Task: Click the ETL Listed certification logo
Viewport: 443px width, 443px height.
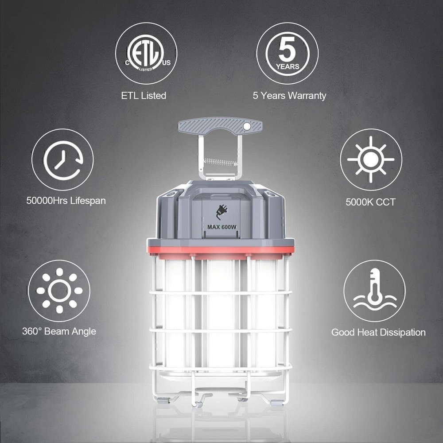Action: [146, 54]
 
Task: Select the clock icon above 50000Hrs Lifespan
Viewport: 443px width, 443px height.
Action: [63, 160]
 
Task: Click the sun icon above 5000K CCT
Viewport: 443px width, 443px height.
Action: [370, 159]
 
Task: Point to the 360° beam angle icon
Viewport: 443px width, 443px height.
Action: [59, 291]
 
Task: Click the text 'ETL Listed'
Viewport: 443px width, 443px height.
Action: [144, 96]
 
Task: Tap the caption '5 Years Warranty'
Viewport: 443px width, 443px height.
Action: [289, 96]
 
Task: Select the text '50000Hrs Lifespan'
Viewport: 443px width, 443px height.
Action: [66, 201]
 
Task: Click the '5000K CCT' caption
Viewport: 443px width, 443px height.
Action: [370, 202]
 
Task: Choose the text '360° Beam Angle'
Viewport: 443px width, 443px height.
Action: [59, 331]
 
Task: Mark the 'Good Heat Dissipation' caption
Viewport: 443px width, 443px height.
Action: [378, 332]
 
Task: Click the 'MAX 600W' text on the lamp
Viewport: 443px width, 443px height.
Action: [222, 227]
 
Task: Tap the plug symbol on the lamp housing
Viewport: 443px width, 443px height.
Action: [222, 212]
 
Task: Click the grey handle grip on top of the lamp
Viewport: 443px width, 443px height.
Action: [220, 125]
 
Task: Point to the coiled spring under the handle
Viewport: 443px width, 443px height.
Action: [221, 162]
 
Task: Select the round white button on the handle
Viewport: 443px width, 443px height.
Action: [247, 127]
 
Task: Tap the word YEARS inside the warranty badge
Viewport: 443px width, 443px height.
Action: [288, 67]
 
